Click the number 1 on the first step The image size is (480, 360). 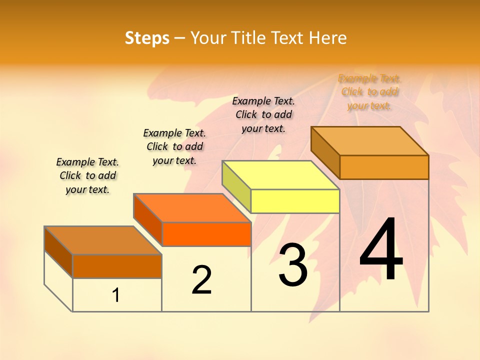point(116,295)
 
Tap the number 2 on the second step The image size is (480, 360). point(201,280)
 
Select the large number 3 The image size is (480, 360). point(293,265)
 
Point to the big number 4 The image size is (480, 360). point(381,249)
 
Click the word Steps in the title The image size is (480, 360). point(147,38)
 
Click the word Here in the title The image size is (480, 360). point(328,38)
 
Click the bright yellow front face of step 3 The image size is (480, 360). point(295,201)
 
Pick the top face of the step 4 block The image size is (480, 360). point(369,140)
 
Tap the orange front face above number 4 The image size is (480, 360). point(384,167)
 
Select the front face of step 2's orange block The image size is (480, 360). point(206,234)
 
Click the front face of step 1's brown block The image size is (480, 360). point(117,266)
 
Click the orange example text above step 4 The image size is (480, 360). point(369,92)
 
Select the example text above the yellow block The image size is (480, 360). point(263,114)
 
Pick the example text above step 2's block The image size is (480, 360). point(174,146)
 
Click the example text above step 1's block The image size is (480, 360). point(87,175)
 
